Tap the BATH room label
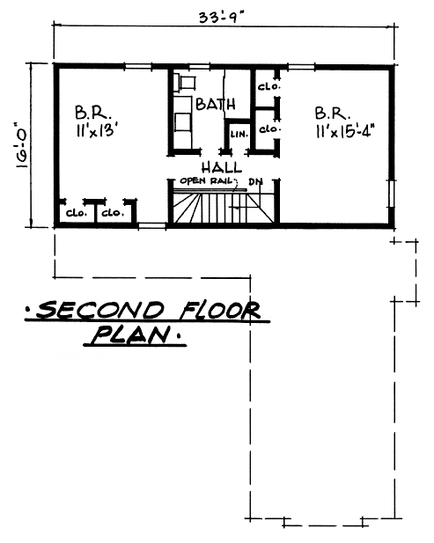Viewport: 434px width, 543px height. tap(216, 104)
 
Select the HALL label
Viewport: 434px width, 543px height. tap(222, 168)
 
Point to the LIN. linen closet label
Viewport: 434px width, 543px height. tap(239, 134)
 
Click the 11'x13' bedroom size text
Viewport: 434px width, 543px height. tap(95, 131)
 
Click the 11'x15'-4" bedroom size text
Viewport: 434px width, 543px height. tap(345, 132)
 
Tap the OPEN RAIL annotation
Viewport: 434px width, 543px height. tap(207, 181)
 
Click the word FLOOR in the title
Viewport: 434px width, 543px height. tap(219, 310)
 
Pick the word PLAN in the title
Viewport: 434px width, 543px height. tap(132, 334)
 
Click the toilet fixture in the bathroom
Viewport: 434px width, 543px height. tap(185, 83)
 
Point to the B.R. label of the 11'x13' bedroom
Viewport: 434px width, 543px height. tap(93, 113)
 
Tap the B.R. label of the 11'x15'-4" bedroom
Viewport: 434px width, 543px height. tap(333, 114)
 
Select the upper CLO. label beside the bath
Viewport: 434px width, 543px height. tap(268, 86)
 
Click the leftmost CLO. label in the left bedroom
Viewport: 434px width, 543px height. tap(77, 213)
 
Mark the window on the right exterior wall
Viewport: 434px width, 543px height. tap(392, 194)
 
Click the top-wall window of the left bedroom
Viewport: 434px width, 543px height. tap(138, 66)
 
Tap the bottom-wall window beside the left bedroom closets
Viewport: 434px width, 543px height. tap(152, 226)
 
